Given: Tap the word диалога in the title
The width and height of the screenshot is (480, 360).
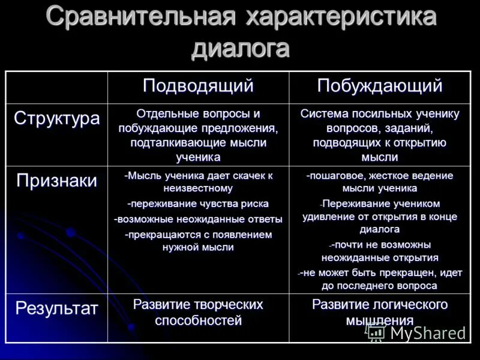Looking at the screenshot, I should (x=240, y=48).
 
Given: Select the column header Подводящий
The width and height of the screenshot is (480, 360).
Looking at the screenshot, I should (x=198, y=86).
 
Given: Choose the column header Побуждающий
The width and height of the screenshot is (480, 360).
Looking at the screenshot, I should (x=379, y=86).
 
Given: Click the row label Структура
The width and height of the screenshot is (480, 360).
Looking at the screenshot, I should (x=56, y=118).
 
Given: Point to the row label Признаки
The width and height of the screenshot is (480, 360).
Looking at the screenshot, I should (x=56, y=181).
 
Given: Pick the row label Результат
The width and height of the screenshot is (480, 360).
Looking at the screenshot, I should (x=56, y=308).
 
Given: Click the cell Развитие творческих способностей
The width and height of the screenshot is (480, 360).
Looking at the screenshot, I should (x=198, y=313).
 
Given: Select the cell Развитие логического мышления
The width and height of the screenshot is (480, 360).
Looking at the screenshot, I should (x=379, y=313).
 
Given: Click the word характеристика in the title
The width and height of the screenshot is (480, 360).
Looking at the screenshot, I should (x=340, y=17).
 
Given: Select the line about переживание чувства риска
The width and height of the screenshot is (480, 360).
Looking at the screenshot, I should (x=198, y=204).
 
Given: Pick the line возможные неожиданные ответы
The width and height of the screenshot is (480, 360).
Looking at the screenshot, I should (x=198, y=219).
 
